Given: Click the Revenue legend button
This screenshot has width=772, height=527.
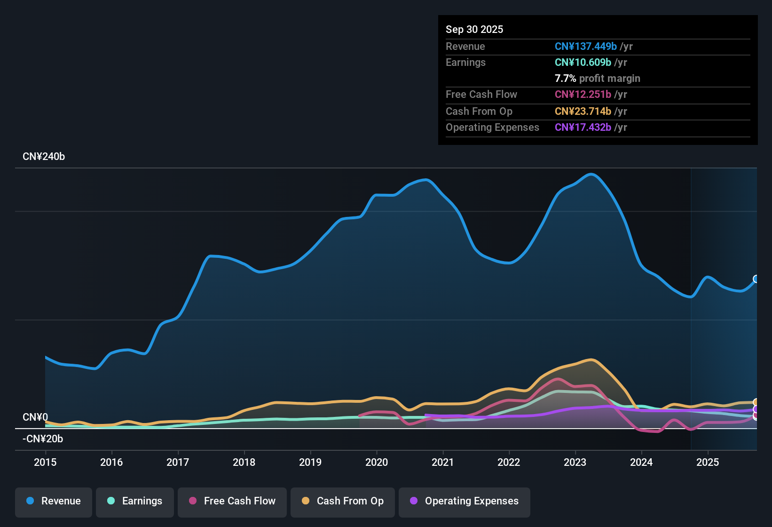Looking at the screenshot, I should [54, 501].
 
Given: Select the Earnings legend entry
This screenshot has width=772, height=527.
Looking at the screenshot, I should [135, 501].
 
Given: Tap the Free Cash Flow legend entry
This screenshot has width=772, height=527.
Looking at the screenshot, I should [232, 501].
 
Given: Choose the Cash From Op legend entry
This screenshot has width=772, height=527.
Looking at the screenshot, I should [343, 501].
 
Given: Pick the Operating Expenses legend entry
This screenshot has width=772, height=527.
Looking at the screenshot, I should [465, 501].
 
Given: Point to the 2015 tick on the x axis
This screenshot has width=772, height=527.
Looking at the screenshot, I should [45, 462].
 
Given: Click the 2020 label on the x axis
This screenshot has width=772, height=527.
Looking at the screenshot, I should [377, 462].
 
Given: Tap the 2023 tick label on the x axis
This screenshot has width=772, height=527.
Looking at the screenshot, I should [575, 462].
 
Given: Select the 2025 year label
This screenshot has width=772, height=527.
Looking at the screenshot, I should [708, 462].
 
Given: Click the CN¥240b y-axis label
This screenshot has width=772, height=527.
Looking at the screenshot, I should [44, 157].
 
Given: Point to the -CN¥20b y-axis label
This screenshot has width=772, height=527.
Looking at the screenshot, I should [43, 439].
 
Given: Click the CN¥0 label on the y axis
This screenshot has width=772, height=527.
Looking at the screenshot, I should [35, 417].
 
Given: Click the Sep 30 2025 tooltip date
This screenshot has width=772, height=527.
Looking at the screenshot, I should [474, 29].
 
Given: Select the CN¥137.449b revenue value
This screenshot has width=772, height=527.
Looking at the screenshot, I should [586, 46].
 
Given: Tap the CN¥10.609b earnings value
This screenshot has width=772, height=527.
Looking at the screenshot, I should [583, 62].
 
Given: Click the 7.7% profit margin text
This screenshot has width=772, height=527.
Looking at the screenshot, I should [597, 78].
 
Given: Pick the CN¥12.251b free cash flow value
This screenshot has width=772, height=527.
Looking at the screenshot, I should [583, 94].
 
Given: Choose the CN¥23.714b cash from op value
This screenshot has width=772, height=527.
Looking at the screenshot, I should [583, 111].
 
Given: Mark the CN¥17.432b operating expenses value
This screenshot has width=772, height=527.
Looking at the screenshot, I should [583, 127].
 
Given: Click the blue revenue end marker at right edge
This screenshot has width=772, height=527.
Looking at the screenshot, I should [756, 279].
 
